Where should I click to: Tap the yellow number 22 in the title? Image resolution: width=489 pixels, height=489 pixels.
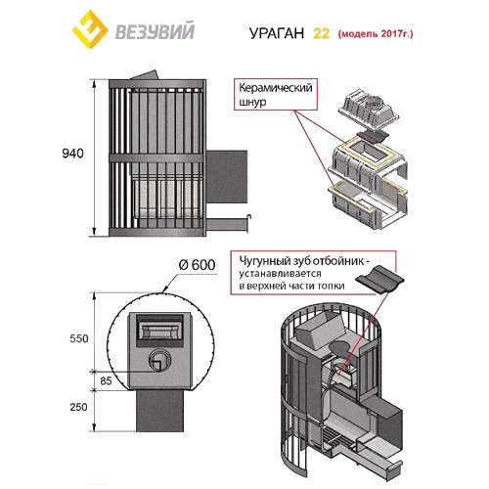point(321,33)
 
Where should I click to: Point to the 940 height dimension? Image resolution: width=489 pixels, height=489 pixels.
point(72,154)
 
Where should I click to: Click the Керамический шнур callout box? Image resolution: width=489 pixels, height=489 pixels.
point(275,95)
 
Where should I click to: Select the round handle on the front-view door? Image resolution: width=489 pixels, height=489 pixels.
point(157,365)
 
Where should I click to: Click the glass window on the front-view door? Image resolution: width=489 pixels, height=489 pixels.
point(157,328)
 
